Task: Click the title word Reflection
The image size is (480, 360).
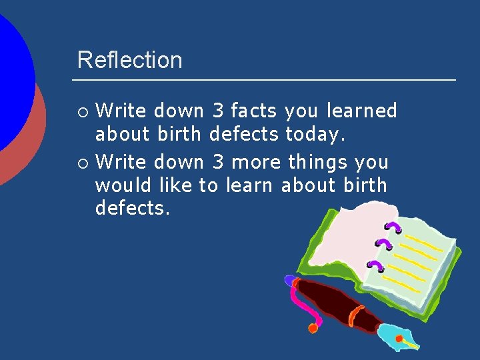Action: pyautogui.click(x=129, y=60)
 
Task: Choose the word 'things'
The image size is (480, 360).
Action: pyautogui.click(x=319, y=162)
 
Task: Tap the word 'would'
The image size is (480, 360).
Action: pyautogui.click(x=123, y=185)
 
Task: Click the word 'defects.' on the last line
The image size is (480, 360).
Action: pyautogui.click(x=133, y=208)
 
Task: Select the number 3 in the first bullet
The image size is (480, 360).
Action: pyautogui.click(x=218, y=111)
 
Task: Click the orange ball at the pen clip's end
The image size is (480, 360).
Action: pyautogui.click(x=312, y=328)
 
